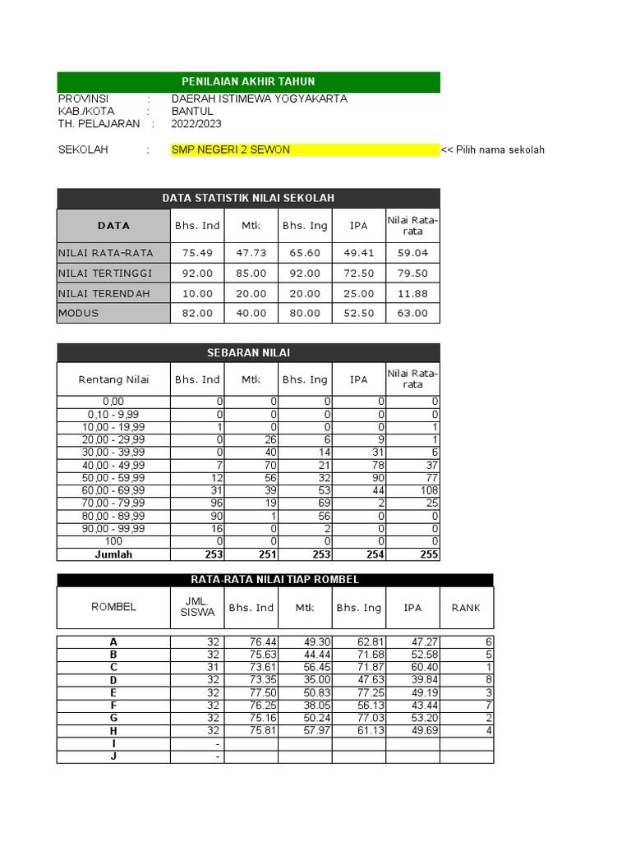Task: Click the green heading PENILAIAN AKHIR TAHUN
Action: tap(248, 81)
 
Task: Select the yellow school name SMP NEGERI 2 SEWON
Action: tap(230, 149)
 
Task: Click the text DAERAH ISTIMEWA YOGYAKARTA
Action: tap(259, 99)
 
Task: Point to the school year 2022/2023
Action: tap(196, 124)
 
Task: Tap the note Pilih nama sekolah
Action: tap(493, 149)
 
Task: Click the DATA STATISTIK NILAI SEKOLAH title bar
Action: tap(248, 198)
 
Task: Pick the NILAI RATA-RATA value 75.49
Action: tap(197, 253)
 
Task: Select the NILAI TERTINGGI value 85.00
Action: tap(251, 273)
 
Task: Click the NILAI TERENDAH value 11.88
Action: tap(412, 293)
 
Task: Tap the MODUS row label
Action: tap(79, 313)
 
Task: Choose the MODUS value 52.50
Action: tap(359, 313)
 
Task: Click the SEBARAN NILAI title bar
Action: tap(248, 352)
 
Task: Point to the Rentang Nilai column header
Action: tap(113, 379)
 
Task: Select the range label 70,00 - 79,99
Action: tap(113, 503)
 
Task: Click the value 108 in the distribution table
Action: tap(426, 490)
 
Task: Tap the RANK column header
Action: tap(466, 608)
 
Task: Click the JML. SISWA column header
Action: tap(197, 607)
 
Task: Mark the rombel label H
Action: tap(113, 731)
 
